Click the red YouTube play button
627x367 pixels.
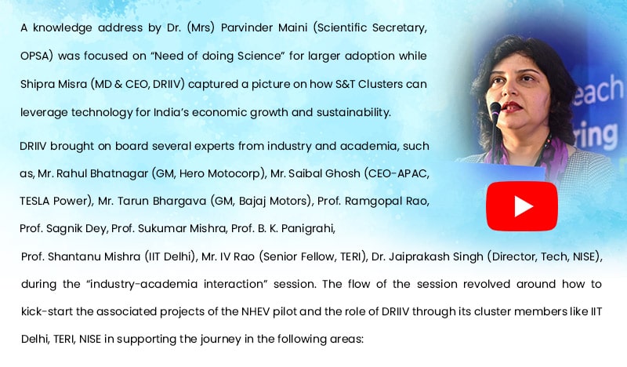pyautogui.click(x=522, y=206)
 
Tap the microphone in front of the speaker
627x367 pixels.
pyautogui.click(x=495, y=120)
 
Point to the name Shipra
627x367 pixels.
pyautogui.click(x=34, y=85)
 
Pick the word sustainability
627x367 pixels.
pyautogui.click(x=353, y=112)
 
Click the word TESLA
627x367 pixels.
pyautogui.click(x=34, y=201)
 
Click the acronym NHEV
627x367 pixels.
pyautogui.click(x=256, y=312)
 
